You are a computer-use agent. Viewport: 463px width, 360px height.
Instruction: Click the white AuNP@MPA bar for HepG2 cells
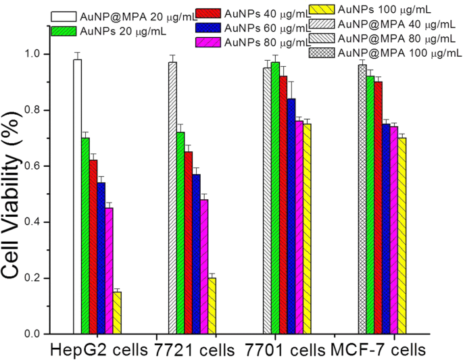77,197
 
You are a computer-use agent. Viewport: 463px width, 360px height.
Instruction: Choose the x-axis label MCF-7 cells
379,350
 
